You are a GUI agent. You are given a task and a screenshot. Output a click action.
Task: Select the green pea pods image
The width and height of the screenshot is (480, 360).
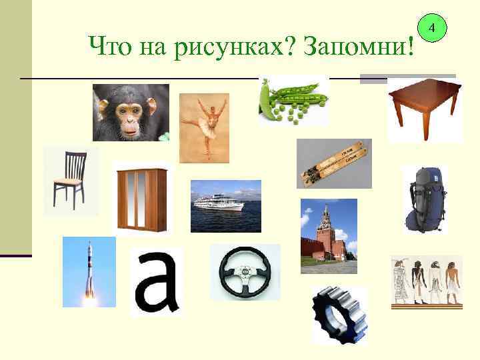[293, 100]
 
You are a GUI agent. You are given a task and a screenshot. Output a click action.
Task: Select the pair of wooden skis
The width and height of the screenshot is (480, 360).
[333, 163]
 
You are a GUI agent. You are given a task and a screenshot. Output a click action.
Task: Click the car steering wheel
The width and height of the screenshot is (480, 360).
[245, 272]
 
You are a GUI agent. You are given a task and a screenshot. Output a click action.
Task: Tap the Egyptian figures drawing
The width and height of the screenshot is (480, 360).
[426, 281]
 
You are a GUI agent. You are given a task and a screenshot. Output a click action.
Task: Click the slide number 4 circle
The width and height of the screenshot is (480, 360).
[432, 29]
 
